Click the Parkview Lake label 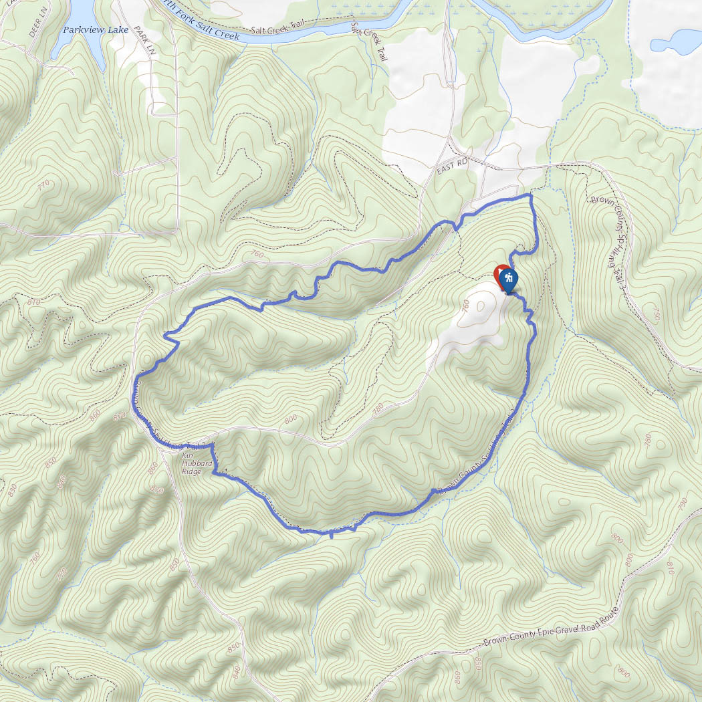tap(95, 29)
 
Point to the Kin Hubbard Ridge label tap(192, 462)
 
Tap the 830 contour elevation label tap(12, 490)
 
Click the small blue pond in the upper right tap(675, 41)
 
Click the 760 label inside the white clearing tap(465, 306)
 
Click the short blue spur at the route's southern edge tap(332, 534)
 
